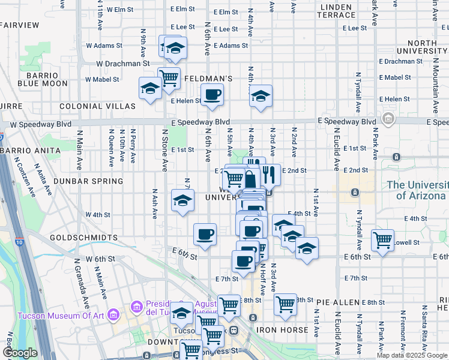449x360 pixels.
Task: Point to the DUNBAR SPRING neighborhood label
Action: coord(88,181)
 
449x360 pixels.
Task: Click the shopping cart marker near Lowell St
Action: coord(382,240)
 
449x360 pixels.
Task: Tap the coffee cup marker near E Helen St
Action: coord(212,95)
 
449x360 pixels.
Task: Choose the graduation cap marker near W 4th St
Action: coord(182,200)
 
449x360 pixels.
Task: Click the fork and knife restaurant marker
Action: coord(269,175)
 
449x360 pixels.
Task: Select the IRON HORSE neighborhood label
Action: coord(282,330)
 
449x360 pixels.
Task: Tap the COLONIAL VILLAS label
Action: coord(97,106)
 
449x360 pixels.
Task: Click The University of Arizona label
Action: coord(417,190)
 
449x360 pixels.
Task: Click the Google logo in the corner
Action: coord(20,353)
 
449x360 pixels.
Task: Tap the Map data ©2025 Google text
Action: coord(411,355)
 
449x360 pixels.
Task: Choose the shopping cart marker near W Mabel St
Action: coord(169,78)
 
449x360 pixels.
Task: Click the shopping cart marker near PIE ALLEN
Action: coord(285,304)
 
